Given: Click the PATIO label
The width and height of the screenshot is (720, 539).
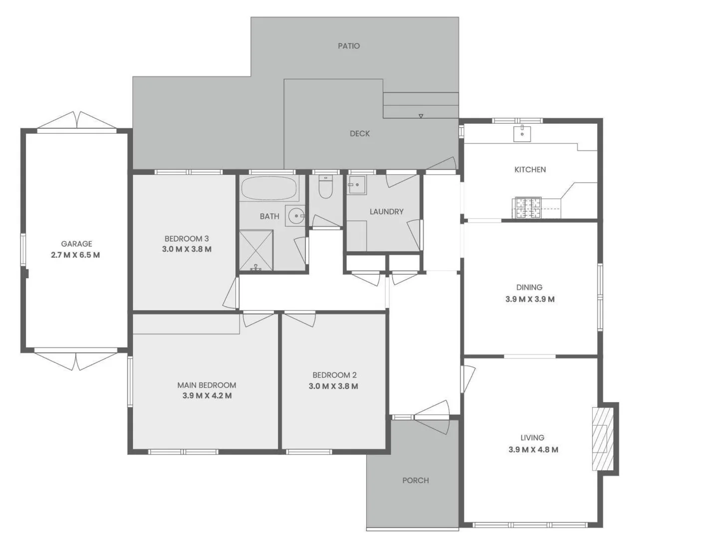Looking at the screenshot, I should pyautogui.click(x=349, y=46).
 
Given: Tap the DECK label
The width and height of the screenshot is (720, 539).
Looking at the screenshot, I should pyautogui.click(x=360, y=134).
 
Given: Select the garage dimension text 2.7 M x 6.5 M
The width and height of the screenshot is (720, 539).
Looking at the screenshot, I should pyautogui.click(x=75, y=255).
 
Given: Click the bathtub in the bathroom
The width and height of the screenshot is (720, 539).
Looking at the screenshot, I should pyautogui.click(x=269, y=188).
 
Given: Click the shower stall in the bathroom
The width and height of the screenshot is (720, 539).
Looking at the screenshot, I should pyautogui.click(x=256, y=251).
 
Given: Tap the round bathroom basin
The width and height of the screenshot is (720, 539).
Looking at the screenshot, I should pyautogui.click(x=297, y=216).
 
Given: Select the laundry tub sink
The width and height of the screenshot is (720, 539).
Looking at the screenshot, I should pyautogui.click(x=357, y=185).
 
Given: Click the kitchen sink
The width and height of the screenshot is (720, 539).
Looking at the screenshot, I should pyautogui.click(x=522, y=133).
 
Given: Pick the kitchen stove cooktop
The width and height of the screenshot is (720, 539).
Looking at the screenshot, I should pyautogui.click(x=528, y=208).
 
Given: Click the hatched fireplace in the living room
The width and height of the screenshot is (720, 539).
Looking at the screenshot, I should pyautogui.click(x=602, y=439).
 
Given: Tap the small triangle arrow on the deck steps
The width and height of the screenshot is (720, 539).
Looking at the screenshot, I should pyautogui.click(x=421, y=116).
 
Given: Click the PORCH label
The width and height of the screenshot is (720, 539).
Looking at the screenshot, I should pyautogui.click(x=416, y=481).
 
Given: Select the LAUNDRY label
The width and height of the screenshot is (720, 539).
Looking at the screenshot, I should pyautogui.click(x=386, y=212).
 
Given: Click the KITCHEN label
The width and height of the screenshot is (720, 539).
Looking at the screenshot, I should pyautogui.click(x=530, y=170).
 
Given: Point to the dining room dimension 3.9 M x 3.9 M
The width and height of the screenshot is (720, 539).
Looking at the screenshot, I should pyautogui.click(x=530, y=299).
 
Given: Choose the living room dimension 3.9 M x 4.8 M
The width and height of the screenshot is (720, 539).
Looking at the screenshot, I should pyautogui.click(x=533, y=450).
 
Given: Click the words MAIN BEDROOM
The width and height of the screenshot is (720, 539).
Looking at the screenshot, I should pyautogui.click(x=207, y=385).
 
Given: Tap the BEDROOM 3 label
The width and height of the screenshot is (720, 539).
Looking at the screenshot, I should pyautogui.click(x=187, y=239).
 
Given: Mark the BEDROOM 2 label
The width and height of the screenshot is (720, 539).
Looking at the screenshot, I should pyautogui.click(x=334, y=375).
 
